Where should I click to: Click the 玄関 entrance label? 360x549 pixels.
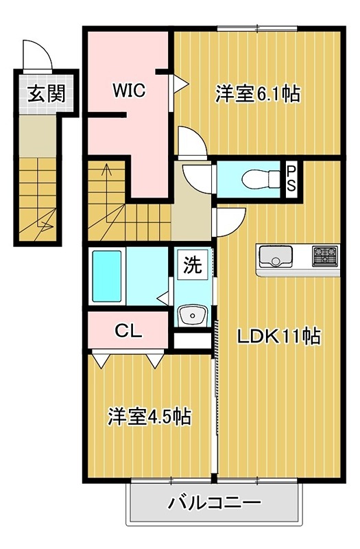click(43, 94)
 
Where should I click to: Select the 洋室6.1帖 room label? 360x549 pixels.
click(258, 93)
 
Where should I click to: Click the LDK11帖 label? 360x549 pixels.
click(278, 336)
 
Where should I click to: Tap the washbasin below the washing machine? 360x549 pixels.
click(192, 316)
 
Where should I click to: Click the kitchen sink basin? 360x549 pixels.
click(275, 257)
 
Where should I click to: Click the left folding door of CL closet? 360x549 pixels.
click(100, 358)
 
